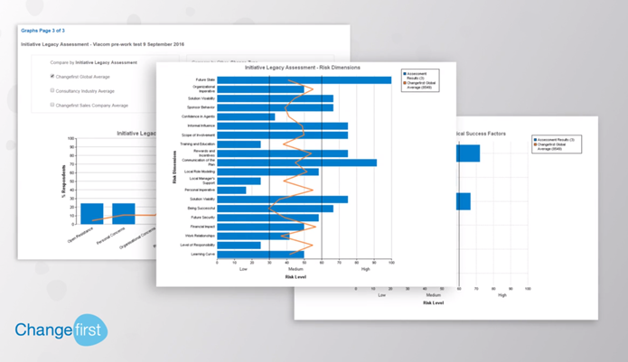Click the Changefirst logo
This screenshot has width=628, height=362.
61,330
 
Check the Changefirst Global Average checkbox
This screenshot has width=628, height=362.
52,77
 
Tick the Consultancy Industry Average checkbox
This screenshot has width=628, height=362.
52,91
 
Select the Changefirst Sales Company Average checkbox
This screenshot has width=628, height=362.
52,106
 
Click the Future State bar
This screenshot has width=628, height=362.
304,79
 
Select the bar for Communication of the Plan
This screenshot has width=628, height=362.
296,162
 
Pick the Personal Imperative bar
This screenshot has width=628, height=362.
231,190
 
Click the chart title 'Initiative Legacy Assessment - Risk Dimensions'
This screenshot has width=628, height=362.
303,67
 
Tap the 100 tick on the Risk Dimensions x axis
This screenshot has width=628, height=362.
390,263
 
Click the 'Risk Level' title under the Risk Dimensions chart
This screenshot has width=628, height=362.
295,277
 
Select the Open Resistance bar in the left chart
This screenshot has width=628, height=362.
91,213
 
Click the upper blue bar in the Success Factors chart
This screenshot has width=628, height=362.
468,153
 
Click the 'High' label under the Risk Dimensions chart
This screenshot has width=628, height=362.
365,269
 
